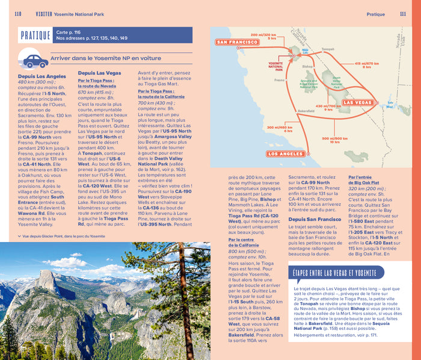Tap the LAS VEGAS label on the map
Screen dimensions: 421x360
click(357, 103)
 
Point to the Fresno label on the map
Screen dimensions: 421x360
click(279, 79)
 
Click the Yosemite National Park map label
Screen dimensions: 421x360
click(275, 64)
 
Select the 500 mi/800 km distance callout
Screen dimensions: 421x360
click(336, 140)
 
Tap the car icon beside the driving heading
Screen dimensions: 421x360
click(34, 60)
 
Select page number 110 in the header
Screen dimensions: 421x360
click(17, 14)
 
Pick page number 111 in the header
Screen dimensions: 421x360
click(402, 14)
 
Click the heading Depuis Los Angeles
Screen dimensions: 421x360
click(42, 76)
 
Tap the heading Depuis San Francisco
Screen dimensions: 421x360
click(315, 219)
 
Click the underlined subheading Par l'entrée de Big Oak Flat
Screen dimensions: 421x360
click(367, 181)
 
